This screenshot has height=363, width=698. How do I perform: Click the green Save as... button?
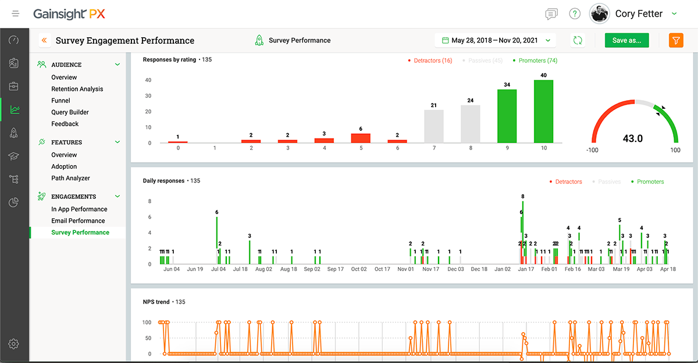(x=626, y=40)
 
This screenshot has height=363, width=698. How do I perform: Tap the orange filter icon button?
(x=676, y=40)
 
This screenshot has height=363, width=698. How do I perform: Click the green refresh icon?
(x=578, y=40)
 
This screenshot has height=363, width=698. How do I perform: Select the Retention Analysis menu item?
(x=77, y=89)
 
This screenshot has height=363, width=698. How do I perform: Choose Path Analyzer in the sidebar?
(x=70, y=178)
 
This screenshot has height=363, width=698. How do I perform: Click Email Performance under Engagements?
(x=78, y=220)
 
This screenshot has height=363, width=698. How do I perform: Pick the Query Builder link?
(x=70, y=112)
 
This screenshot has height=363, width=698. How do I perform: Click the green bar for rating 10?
(x=543, y=112)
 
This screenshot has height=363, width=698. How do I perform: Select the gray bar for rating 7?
(x=433, y=126)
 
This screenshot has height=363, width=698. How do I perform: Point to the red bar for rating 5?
(x=361, y=138)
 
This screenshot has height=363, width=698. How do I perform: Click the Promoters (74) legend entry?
(x=535, y=61)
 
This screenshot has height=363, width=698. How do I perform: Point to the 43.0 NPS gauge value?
(x=632, y=138)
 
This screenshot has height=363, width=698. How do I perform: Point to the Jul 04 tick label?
(x=218, y=269)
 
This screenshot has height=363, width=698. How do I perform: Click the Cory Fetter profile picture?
(x=599, y=14)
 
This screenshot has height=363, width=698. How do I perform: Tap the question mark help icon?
(x=575, y=14)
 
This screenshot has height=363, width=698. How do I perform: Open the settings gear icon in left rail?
(x=14, y=344)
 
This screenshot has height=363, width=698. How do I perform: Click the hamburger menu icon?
(x=16, y=13)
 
